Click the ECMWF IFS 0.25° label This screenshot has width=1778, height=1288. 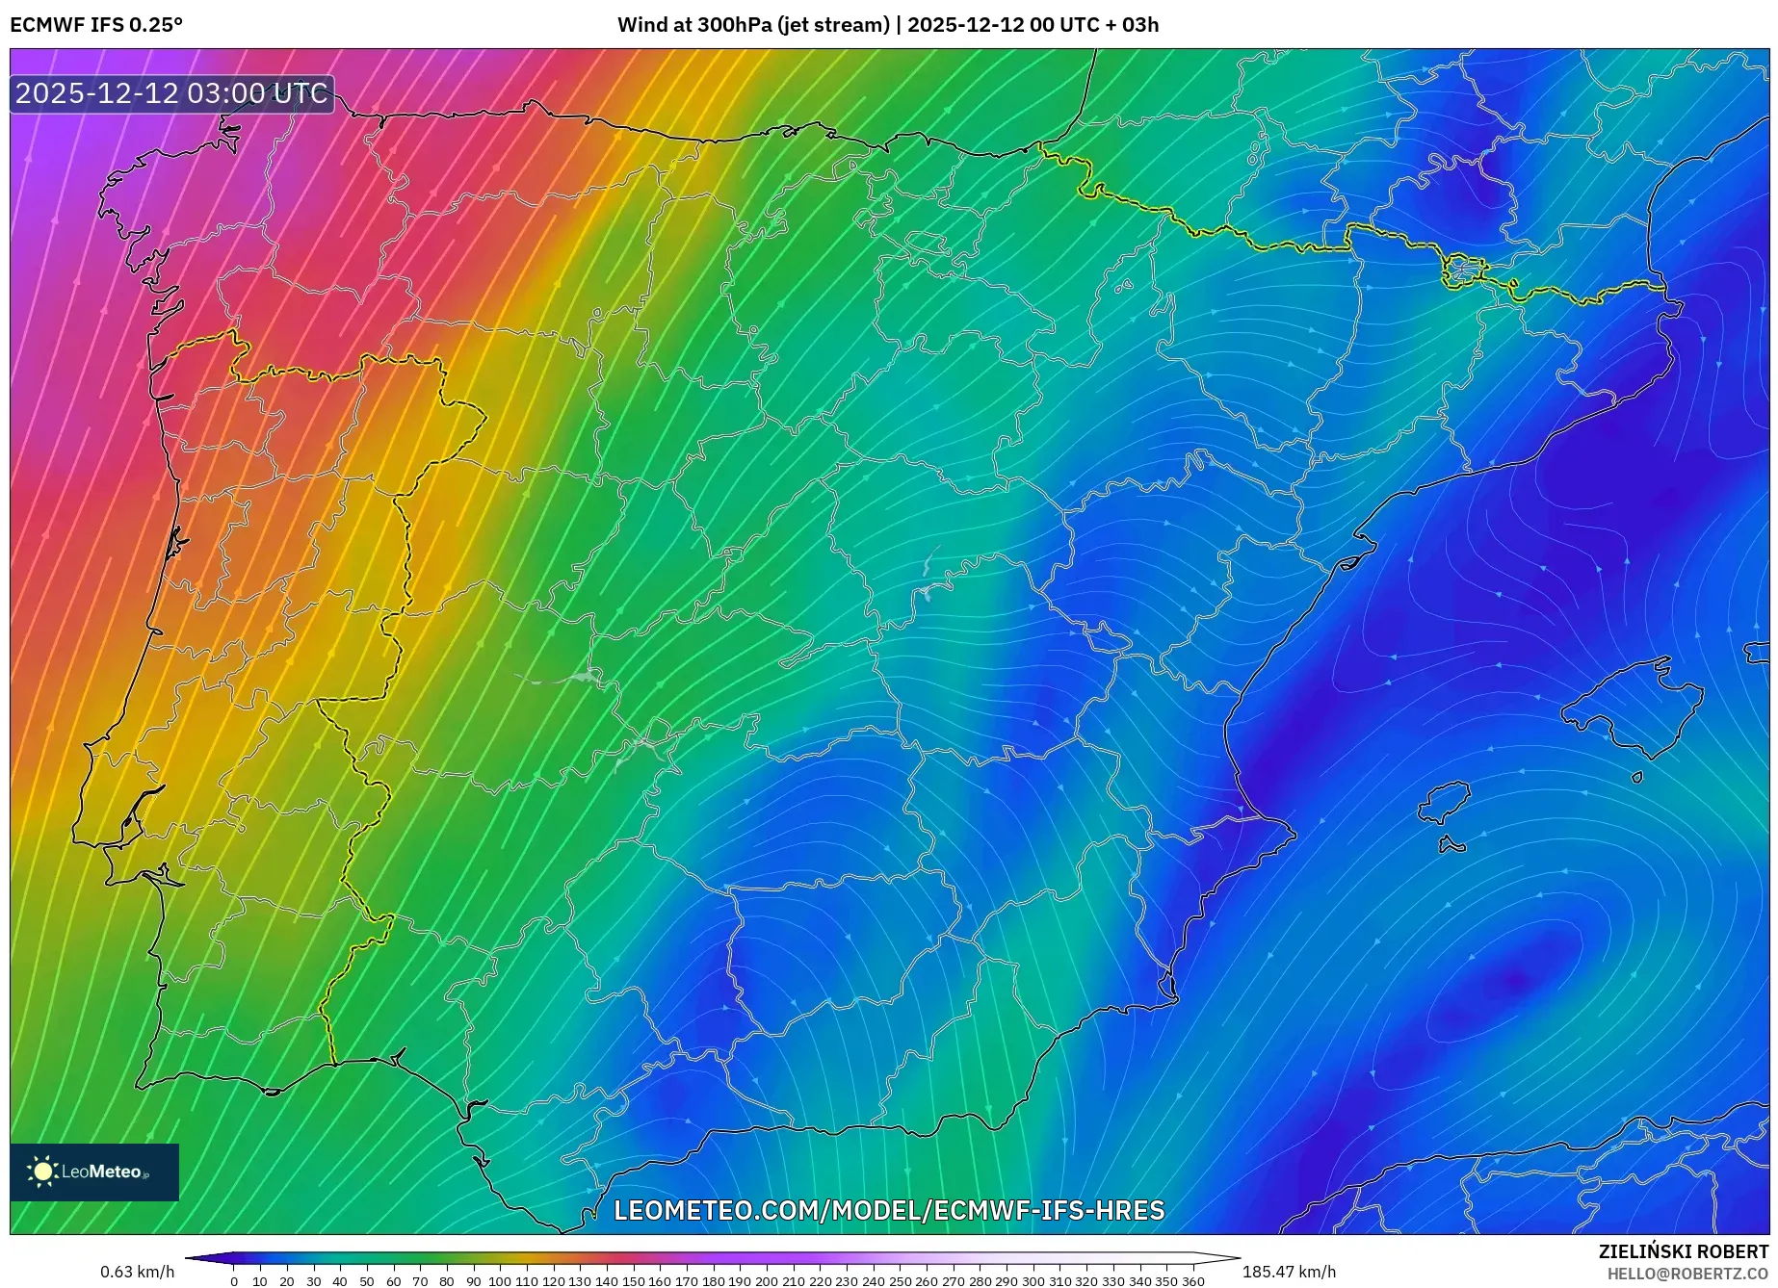(x=96, y=25)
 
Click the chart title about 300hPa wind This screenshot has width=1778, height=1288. (x=887, y=25)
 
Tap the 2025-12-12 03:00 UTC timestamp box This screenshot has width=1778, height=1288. (x=171, y=93)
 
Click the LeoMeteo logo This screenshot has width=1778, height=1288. (x=94, y=1172)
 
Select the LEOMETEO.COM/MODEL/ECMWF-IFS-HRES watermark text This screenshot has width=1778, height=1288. (x=889, y=1210)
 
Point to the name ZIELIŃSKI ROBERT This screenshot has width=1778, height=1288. (x=1683, y=1251)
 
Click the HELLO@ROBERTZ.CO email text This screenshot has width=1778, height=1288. (x=1686, y=1274)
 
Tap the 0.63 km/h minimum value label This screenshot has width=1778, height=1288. (x=137, y=1272)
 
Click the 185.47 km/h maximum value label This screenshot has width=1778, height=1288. (x=1289, y=1272)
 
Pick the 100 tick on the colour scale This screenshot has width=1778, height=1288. (x=500, y=1281)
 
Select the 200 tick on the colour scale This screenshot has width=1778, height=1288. (x=767, y=1281)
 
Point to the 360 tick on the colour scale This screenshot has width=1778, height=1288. (x=1192, y=1281)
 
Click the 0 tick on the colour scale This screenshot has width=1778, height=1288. (x=234, y=1281)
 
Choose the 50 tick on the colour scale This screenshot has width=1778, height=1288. (x=367, y=1281)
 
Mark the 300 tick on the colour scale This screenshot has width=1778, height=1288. (x=1033, y=1281)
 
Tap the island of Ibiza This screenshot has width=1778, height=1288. (x=1445, y=803)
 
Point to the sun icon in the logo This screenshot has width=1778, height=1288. (x=42, y=1172)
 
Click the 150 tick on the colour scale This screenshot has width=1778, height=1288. (x=633, y=1281)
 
